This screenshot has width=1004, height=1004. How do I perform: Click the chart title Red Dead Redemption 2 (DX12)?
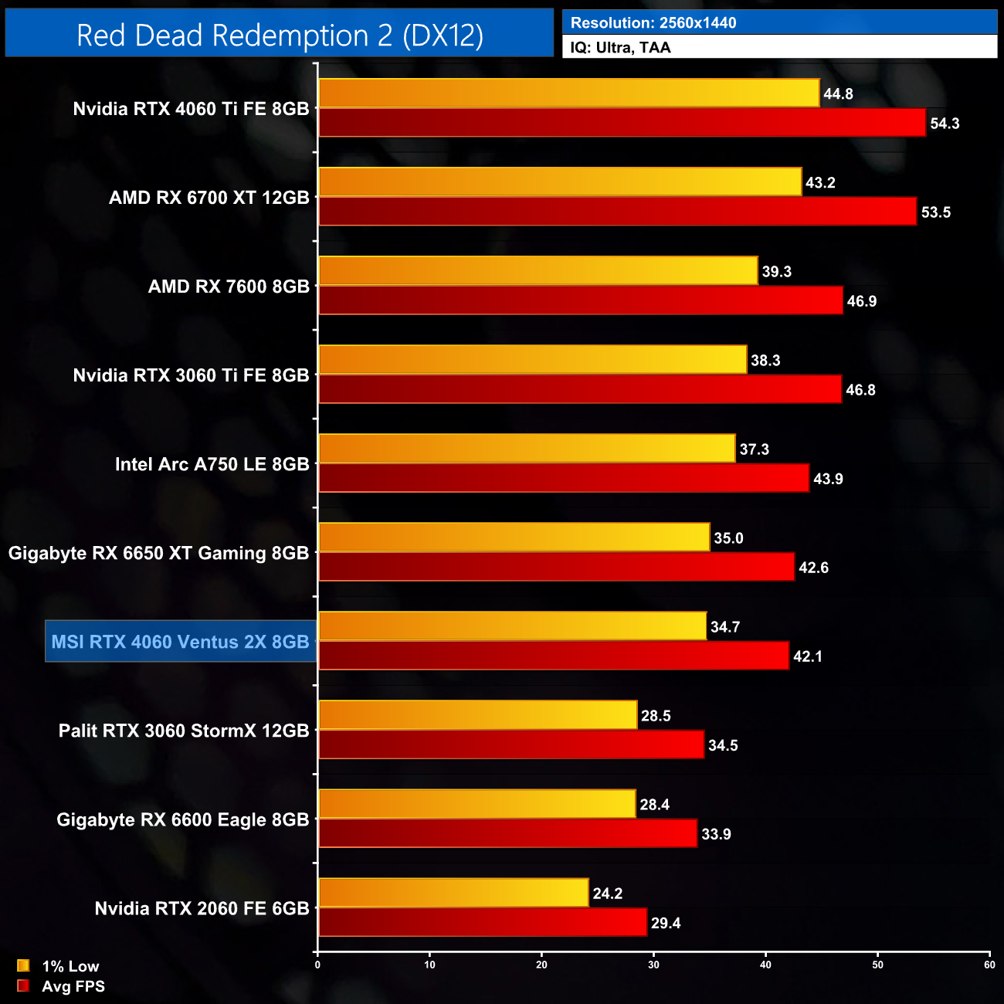tap(280, 35)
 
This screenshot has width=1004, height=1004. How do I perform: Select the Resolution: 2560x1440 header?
tap(653, 23)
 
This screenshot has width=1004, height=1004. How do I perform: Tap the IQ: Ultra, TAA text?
tap(620, 48)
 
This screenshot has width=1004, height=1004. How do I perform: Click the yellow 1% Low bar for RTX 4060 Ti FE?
tap(568, 93)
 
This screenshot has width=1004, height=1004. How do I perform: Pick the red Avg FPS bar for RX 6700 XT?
tap(617, 212)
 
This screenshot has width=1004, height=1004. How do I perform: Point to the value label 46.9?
tap(861, 301)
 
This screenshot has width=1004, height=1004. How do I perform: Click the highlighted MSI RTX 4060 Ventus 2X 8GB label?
tap(180, 642)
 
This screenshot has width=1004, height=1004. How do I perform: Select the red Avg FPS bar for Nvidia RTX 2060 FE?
tap(483, 923)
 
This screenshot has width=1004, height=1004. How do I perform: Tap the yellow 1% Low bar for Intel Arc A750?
tap(527, 449)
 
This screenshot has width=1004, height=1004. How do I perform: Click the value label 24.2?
tap(607, 894)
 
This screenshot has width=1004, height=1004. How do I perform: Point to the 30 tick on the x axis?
tap(653, 965)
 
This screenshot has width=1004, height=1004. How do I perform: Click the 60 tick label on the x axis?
tap(989, 965)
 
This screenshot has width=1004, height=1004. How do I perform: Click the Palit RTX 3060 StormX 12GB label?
tap(184, 731)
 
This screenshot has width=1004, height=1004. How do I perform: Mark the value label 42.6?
tap(813, 568)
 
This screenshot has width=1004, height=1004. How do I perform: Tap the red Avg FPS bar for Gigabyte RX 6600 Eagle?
tap(507, 834)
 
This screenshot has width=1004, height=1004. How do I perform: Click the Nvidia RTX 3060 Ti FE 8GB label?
tap(191, 375)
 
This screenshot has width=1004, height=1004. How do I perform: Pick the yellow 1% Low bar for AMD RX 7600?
tap(538, 271)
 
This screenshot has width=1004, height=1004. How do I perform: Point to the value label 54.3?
tap(944, 124)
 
